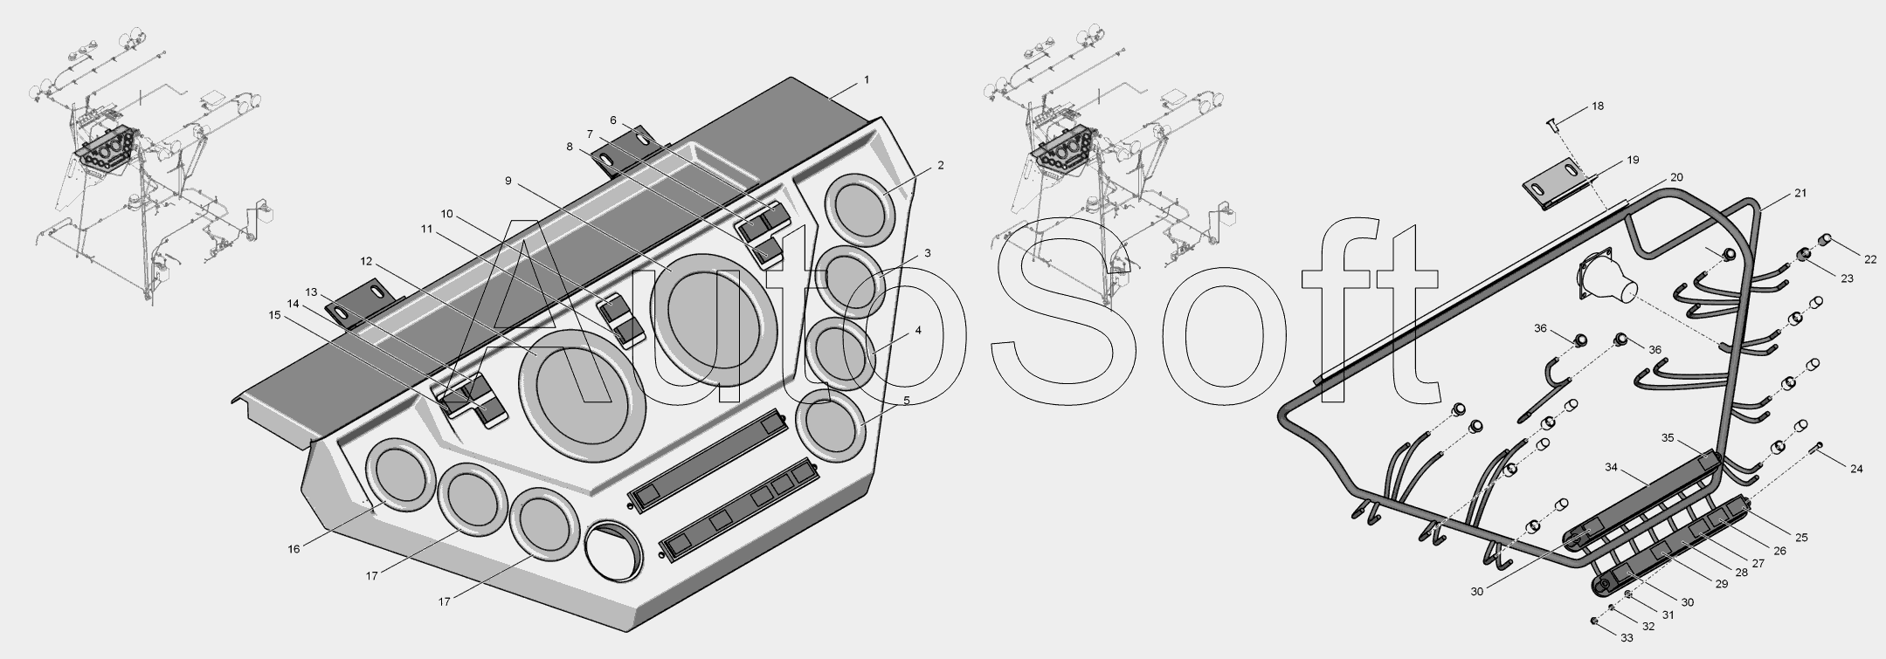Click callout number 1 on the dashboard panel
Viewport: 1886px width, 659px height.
pyautogui.click(x=866, y=79)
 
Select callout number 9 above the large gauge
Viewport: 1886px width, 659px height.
pyautogui.click(x=508, y=181)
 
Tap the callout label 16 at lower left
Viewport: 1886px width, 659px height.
pyautogui.click(x=294, y=548)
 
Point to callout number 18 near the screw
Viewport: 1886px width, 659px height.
pyautogui.click(x=1598, y=106)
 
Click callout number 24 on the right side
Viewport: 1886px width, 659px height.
pyautogui.click(x=1856, y=469)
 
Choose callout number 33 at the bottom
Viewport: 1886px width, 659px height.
pyautogui.click(x=1627, y=638)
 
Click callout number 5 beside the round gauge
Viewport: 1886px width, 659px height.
pyautogui.click(x=906, y=400)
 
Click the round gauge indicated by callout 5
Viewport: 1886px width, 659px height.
pyautogui.click(x=830, y=425)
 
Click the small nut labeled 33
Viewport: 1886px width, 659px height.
pyautogui.click(x=1594, y=621)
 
